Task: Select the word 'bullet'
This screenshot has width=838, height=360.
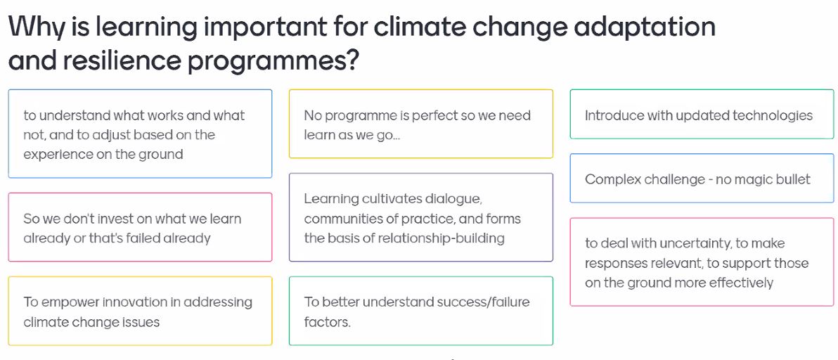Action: pos(791,179)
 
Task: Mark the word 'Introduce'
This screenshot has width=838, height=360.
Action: pos(614,115)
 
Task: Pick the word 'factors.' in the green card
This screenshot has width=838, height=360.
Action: pos(327,322)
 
